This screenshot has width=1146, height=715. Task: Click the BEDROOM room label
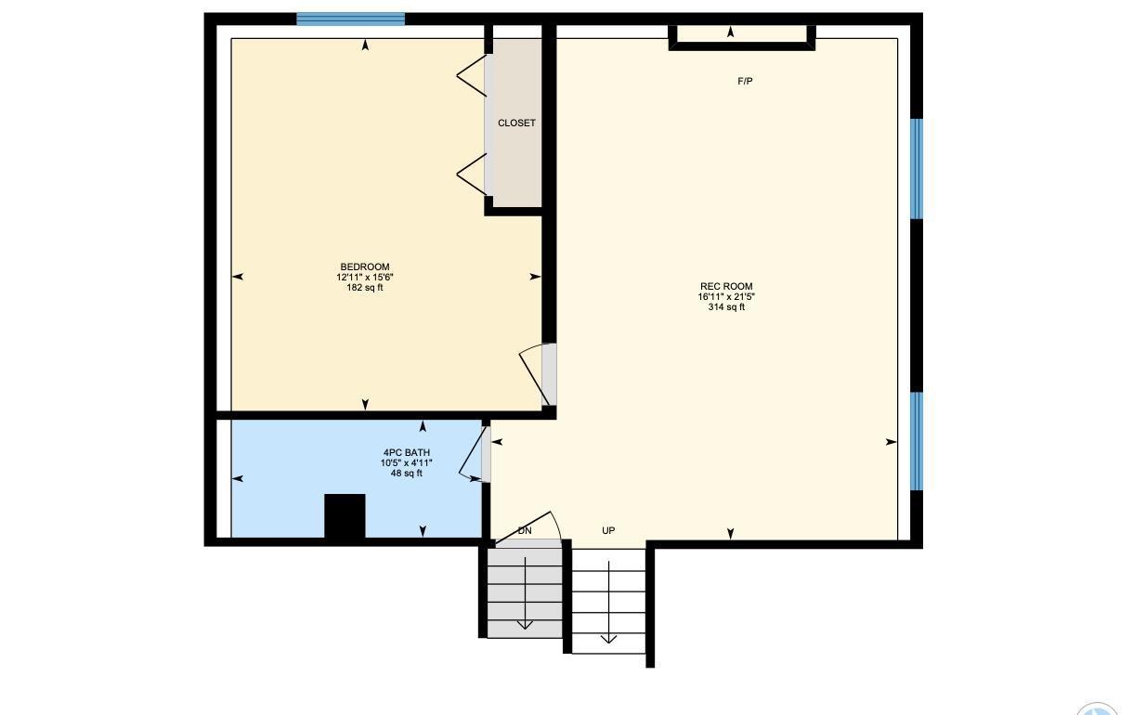click(365, 266)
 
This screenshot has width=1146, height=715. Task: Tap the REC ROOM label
click(726, 286)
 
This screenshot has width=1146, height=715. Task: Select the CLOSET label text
click(516, 123)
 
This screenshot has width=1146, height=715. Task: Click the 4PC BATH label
click(407, 452)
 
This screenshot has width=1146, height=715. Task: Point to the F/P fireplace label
click(745, 81)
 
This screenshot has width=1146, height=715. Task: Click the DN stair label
click(525, 530)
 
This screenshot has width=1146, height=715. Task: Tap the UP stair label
click(608, 530)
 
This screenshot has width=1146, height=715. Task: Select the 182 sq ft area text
click(365, 288)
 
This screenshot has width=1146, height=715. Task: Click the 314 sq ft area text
click(726, 306)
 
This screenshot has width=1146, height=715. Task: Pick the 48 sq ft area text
click(407, 473)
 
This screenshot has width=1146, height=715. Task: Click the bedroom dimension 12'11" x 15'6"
click(365, 278)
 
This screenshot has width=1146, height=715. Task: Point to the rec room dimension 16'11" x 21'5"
click(726, 296)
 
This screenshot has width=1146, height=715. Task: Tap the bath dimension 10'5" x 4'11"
click(407, 462)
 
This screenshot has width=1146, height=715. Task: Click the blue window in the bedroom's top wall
click(351, 19)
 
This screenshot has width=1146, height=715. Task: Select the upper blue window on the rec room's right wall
click(917, 169)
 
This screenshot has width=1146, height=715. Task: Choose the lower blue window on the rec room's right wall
click(917, 441)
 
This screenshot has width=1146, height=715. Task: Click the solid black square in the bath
click(345, 516)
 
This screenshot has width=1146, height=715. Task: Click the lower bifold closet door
click(471, 175)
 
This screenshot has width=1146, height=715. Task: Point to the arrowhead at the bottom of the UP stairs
click(608, 640)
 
